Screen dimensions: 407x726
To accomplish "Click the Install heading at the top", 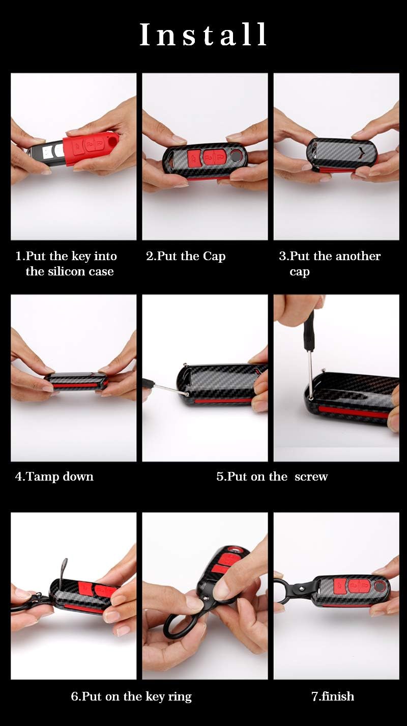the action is click(203, 34).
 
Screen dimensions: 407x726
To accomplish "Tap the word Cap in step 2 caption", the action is click(214, 257).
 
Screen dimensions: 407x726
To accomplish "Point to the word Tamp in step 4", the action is click(43, 477).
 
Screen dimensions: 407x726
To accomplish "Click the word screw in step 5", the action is click(311, 477).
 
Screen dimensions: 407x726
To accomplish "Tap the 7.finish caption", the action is click(333, 696).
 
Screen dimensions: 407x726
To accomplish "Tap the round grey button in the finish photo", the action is click(379, 585).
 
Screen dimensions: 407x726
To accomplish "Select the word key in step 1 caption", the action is click(81, 257).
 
